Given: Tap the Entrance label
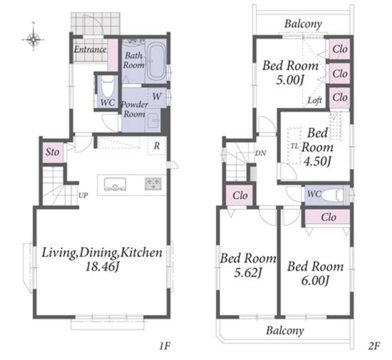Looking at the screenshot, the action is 90,49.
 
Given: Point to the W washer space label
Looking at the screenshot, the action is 157,96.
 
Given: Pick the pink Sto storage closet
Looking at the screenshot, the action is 53,152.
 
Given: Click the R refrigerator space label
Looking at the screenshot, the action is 157,146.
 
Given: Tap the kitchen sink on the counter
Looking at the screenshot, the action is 115,184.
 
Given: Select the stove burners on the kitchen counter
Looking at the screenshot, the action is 153,183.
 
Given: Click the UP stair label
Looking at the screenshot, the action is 83,195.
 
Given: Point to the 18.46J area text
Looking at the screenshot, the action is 102,267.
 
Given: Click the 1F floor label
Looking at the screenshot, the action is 165,346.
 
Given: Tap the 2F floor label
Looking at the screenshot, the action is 374,346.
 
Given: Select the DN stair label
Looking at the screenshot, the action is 261,153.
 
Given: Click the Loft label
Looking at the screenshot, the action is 314,101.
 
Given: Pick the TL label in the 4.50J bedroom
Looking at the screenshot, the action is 295,146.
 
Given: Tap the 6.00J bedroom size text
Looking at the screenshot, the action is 315,281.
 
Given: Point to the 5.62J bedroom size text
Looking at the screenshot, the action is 248,272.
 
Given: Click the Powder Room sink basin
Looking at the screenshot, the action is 153,120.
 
